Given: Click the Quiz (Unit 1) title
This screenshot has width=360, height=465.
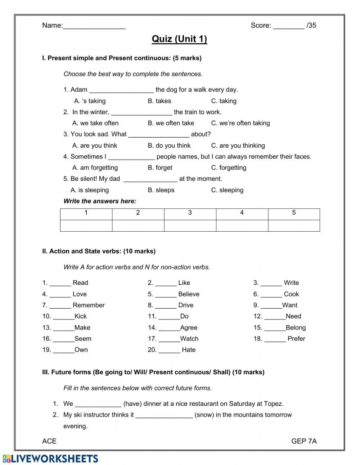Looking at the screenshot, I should point(179,39).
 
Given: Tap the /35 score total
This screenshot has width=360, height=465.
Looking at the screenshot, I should point(311,25).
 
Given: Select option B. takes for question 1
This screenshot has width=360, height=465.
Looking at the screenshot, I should point(159,101).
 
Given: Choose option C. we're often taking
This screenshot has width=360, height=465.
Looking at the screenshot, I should point(240,123).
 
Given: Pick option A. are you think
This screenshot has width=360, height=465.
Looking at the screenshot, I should point(95,146).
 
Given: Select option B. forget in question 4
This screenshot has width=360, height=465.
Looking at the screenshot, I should point(160,168).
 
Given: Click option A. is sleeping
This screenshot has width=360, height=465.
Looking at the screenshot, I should point(90,190).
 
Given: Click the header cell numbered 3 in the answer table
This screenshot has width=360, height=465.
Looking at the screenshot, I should point(190,213).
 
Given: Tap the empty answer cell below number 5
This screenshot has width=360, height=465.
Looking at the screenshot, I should point(294,225).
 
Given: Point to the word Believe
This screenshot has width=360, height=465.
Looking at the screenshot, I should point(189,294).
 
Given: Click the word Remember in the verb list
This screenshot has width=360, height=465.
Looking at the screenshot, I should point(89,305).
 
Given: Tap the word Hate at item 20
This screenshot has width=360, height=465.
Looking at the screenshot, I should point(189,350).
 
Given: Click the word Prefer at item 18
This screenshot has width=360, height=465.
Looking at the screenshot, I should point(296,339).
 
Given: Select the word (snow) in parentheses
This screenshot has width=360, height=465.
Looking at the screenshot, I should point(204,415).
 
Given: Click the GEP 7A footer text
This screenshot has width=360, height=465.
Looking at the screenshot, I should point(304,441).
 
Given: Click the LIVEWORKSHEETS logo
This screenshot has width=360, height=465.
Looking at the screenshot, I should point(50,459).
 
